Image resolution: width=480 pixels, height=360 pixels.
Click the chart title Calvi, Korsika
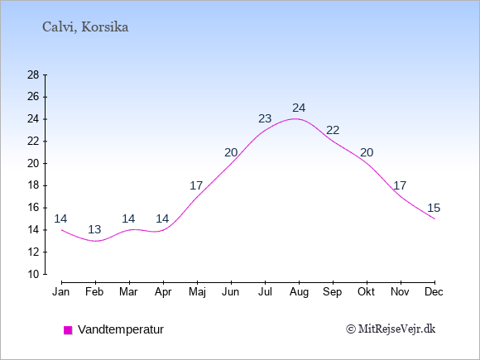click(85, 27)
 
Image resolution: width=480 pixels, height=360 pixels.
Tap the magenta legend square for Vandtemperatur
click(68, 330)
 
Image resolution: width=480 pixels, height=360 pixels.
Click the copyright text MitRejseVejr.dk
click(391, 329)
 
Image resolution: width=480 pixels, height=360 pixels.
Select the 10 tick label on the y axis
click(33, 274)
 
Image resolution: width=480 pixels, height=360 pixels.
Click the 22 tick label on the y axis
click(33, 142)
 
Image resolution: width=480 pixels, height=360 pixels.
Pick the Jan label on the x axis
click(61, 292)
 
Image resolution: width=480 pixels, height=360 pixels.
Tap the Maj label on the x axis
click(197, 292)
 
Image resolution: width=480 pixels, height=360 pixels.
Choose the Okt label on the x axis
click(366, 292)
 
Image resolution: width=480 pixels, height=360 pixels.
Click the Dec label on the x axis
click(434, 292)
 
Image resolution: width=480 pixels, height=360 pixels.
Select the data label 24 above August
click(299, 108)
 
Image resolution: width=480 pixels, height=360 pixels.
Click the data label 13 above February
click(94, 229)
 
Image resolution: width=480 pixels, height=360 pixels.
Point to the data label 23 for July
click(265, 118)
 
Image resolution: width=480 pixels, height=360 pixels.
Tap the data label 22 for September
click(333, 131)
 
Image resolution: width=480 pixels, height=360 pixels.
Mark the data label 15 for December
click(434, 209)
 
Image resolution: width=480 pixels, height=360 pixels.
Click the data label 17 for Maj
click(196, 185)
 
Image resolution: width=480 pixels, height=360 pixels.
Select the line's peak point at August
click(295, 119)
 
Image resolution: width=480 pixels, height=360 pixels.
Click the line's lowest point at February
click(95, 241)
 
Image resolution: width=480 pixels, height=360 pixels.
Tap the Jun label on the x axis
click(231, 292)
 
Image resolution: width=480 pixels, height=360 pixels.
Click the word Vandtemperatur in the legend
click(121, 329)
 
